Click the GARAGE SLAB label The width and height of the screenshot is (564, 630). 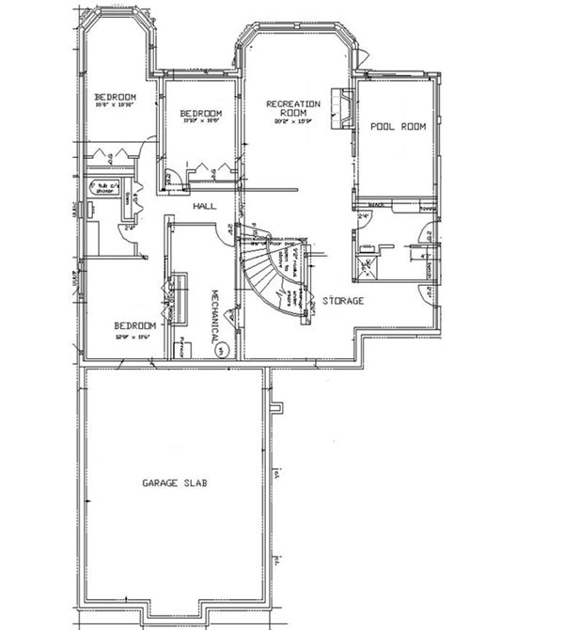pos(174,483)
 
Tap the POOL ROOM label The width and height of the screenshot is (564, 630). pos(398,126)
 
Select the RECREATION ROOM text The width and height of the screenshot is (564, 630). pos(292,108)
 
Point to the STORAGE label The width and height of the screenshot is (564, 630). pos(343,301)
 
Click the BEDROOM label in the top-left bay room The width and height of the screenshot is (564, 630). pos(115,97)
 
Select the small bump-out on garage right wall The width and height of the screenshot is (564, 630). pos(275,407)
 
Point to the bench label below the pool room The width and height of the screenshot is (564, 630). pos(376,204)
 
